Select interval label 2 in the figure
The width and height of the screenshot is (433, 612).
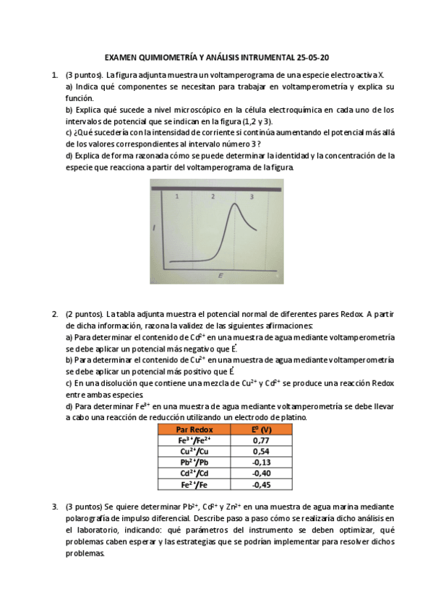click(213, 196)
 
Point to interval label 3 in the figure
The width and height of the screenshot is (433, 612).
click(251, 196)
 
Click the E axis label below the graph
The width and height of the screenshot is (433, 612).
click(219, 276)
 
